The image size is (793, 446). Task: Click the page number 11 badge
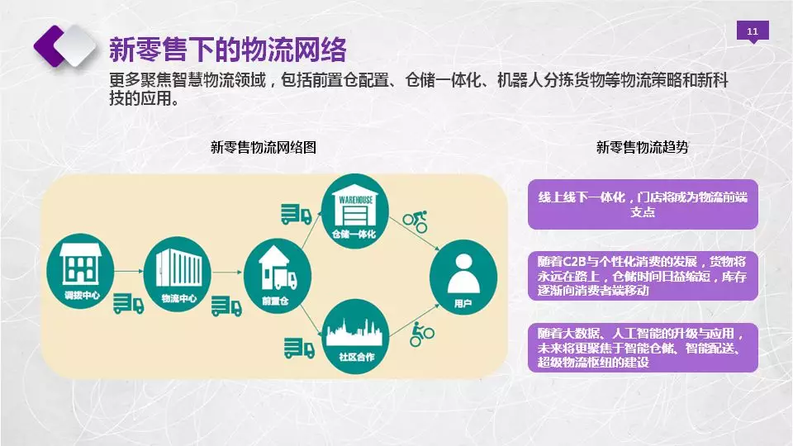tap(753, 31)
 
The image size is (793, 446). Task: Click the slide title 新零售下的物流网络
tap(228, 49)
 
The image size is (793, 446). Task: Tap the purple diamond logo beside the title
tap(64, 45)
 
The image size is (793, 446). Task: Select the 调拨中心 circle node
tap(81, 271)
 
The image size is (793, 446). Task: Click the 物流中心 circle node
tap(178, 274)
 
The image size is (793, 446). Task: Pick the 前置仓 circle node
tap(278, 276)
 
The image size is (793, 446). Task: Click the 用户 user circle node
tap(463, 278)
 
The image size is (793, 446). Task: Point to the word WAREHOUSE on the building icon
tap(355, 200)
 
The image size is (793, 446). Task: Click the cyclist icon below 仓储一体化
tap(415, 221)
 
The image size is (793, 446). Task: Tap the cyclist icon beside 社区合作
tap(422, 334)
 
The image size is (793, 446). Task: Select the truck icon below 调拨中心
tap(128, 303)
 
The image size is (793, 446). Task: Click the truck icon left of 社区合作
tap(299, 348)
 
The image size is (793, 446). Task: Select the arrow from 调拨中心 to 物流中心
tap(130, 272)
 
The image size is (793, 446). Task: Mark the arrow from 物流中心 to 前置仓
tap(228, 273)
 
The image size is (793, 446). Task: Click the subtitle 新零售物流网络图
tap(264, 147)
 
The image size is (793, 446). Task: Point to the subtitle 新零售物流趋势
tap(643, 147)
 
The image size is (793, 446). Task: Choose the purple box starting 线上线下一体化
tap(643, 204)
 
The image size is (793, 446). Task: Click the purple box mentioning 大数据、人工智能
tap(643, 348)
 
